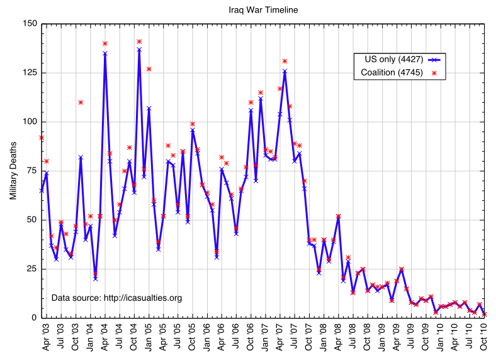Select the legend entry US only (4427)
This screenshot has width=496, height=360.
[394, 59]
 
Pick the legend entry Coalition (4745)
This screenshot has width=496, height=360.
[394, 73]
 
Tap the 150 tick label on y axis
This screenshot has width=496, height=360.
[29, 24]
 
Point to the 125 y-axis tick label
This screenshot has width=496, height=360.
[29, 73]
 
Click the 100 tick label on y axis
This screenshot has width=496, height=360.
[29, 122]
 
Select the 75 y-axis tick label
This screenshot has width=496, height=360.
[31, 171]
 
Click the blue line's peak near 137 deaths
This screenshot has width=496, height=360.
[139, 49]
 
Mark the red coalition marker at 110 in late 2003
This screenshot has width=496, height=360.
[81, 102]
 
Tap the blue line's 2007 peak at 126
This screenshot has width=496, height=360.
[285, 71]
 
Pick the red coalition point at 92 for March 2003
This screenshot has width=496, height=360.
[42, 137]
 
